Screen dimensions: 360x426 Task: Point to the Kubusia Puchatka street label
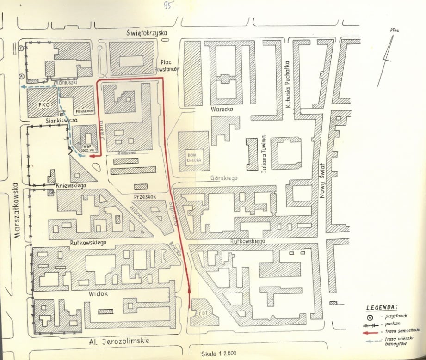point(287,85)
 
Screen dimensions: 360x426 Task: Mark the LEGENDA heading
point(381,307)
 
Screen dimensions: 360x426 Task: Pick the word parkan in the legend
point(393,323)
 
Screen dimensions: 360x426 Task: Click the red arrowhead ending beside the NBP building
point(92,157)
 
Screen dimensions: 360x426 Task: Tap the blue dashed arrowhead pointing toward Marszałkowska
point(22,86)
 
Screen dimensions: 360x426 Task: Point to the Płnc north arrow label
point(395,31)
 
